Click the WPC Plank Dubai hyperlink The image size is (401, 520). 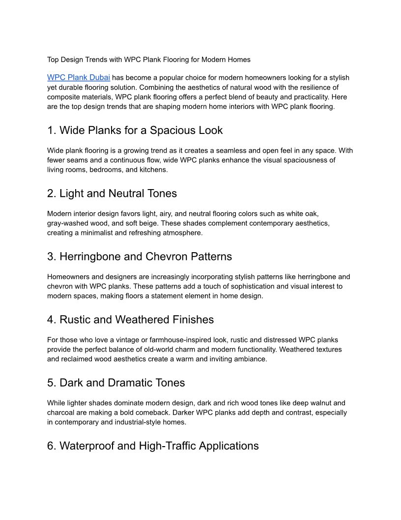click(78, 78)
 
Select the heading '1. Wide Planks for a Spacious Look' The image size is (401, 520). click(135, 130)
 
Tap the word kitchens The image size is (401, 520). click(153, 170)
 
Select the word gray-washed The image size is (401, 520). click(67, 223)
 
